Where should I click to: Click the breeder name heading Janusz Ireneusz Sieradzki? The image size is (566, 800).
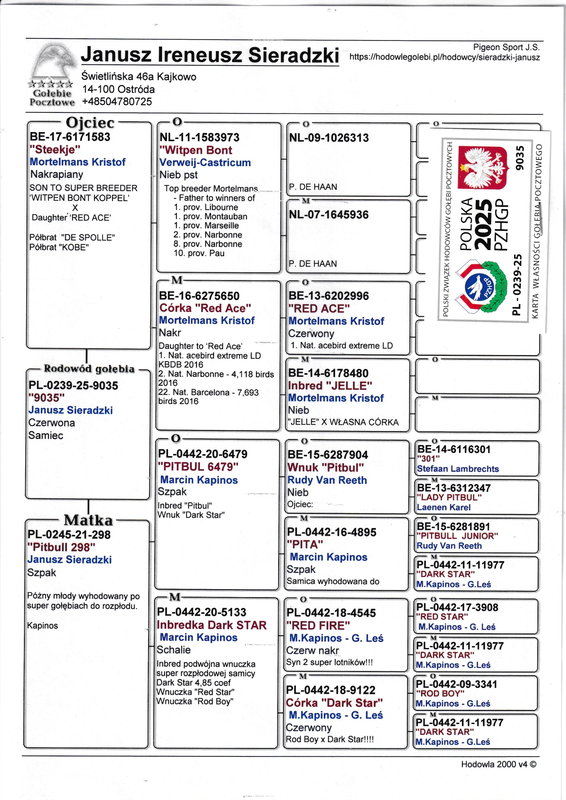(x=210, y=55)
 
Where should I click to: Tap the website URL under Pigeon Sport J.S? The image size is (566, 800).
(x=444, y=57)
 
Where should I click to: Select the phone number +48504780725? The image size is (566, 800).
(x=117, y=102)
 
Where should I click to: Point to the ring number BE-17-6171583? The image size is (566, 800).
(x=70, y=137)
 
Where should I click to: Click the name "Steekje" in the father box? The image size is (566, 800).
(x=55, y=150)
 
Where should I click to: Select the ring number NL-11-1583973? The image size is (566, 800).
(x=199, y=138)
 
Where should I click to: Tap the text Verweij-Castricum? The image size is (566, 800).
(x=205, y=162)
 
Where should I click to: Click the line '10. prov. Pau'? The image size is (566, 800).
(x=199, y=253)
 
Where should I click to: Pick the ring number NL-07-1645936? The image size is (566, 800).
(x=329, y=215)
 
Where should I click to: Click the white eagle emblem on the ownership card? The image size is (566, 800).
(x=482, y=168)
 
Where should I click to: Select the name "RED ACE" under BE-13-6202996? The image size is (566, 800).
(x=319, y=308)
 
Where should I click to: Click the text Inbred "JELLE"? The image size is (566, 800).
(x=330, y=386)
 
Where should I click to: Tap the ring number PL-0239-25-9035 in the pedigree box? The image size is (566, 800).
(x=73, y=386)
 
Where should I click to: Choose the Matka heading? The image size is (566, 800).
(x=88, y=520)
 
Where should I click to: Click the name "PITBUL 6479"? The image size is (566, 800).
(x=198, y=467)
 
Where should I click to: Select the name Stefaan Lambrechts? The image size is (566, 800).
(x=458, y=469)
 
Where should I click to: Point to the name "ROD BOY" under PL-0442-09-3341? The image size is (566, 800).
(x=440, y=693)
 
